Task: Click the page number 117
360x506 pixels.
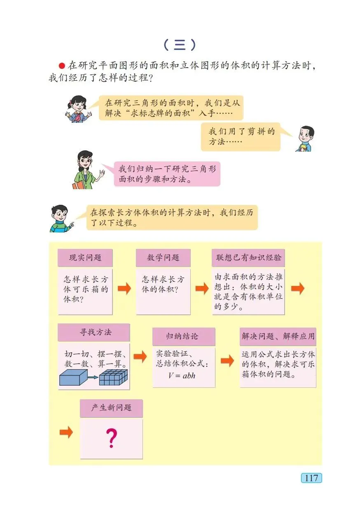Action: coord(311,478)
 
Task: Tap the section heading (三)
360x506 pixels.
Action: coord(179,45)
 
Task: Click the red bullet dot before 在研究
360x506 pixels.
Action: coord(62,66)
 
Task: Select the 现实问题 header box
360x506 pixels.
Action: coord(85,258)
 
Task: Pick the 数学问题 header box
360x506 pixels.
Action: coord(163,258)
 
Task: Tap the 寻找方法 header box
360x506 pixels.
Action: coord(94,332)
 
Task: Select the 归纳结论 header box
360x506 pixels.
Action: coord(184,336)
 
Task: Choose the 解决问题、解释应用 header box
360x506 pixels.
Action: coord(278,336)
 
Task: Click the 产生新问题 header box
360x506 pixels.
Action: coord(111,408)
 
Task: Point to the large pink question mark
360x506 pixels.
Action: coord(111,438)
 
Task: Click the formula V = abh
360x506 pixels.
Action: coord(182,375)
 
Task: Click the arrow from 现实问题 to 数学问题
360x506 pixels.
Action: coord(124,288)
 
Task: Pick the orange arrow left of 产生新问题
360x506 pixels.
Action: coord(66,432)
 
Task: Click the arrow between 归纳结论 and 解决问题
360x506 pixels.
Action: coord(227,361)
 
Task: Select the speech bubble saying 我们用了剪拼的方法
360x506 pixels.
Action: coord(241,136)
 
